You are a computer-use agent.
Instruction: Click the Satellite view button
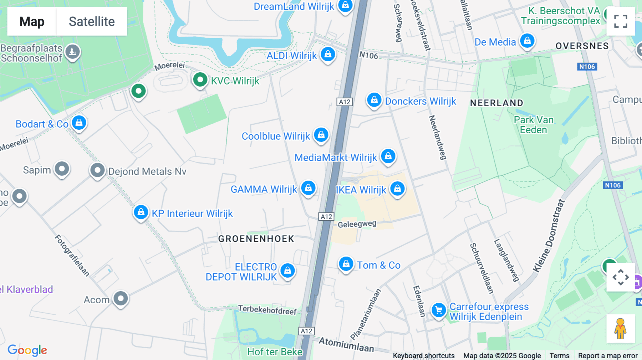(92, 21)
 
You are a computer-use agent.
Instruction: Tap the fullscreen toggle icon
(621, 21)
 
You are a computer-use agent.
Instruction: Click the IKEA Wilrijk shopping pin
(397, 189)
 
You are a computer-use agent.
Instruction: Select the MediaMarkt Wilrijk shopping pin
(388, 156)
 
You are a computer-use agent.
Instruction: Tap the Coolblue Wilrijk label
(276, 136)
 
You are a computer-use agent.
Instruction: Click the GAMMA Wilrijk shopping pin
(308, 188)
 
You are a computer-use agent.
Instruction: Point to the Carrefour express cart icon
(439, 310)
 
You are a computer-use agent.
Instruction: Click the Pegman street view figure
(620, 329)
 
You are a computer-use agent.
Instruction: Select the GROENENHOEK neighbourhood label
(256, 239)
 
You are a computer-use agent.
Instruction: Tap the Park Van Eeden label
(533, 125)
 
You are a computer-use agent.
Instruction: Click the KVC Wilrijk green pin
(200, 80)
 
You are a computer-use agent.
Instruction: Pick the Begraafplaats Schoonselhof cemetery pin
(72, 52)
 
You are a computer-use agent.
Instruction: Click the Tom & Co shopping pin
(346, 264)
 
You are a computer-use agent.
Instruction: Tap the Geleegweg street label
(357, 224)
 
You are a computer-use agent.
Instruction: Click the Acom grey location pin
(121, 298)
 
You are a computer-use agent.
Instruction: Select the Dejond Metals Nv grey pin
(97, 170)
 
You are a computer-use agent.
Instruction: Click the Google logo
(27, 350)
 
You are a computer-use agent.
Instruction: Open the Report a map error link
(607, 356)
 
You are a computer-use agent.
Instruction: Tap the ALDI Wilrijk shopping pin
(328, 55)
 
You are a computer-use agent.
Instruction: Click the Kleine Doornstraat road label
(549, 236)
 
